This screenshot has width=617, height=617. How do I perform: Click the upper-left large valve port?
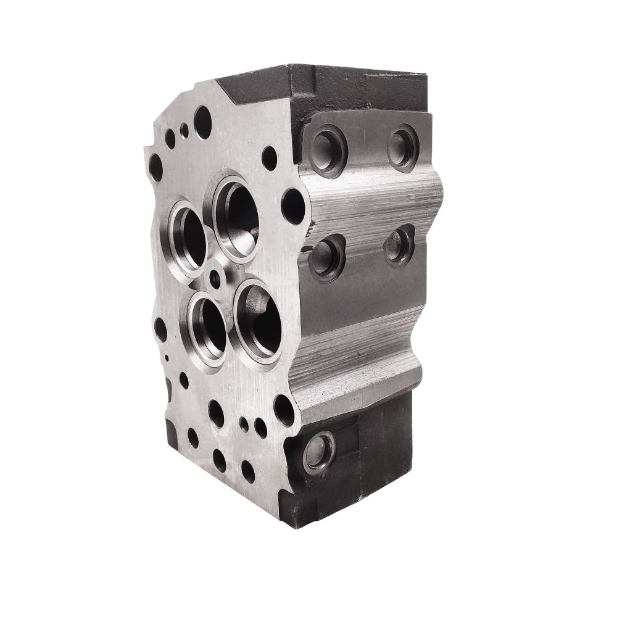pyautogui.click(x=188, y=238)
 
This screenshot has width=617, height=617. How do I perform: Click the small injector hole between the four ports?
pyautogui.click(x=215, y=280)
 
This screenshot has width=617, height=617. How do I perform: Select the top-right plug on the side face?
pyautogui.click(x=403, y=147)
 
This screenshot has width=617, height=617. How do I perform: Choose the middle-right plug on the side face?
pyautogui.click(x=399, y=245)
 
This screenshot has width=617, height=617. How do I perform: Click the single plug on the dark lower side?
pyautogui.click(x=318, y=452)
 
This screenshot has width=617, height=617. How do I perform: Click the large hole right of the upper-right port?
pyautogui.click(x=293, y=205)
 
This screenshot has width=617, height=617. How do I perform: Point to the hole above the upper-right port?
pyautogui.click(x=269, y=158)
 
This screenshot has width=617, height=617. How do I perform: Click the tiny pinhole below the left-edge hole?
pyautogui.click(x=167, y=357)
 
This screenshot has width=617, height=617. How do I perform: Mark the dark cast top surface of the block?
pyautogui.click(x=321, y=86)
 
